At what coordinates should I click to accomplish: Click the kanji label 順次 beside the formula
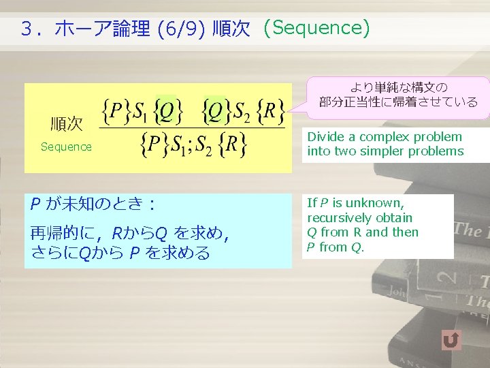(67, 124)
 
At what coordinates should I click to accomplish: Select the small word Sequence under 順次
(66, 147)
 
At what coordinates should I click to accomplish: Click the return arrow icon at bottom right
(451, 339)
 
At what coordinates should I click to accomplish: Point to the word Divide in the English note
(323, 136)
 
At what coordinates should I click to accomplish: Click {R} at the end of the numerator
(271, 110)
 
